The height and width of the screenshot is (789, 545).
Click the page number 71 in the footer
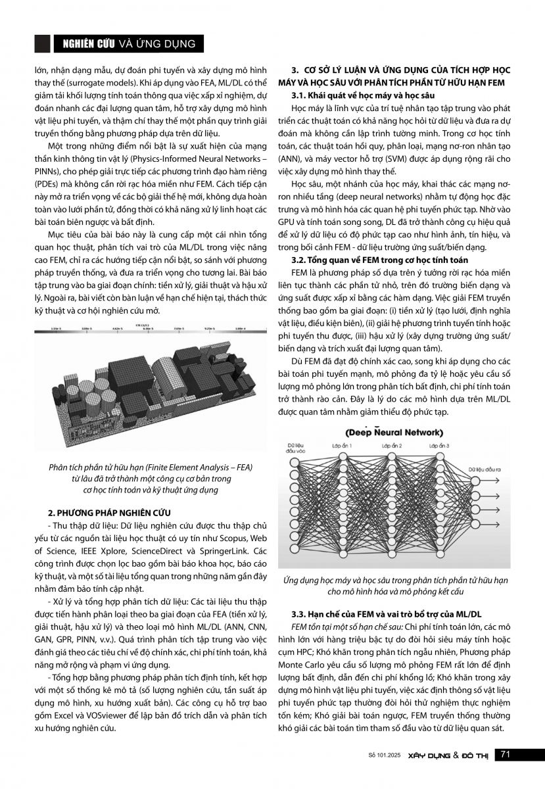506,753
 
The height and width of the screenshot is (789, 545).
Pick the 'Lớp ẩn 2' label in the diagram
392,446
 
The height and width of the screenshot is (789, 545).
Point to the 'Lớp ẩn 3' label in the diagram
438,446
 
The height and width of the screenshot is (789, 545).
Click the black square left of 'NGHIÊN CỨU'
41,43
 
